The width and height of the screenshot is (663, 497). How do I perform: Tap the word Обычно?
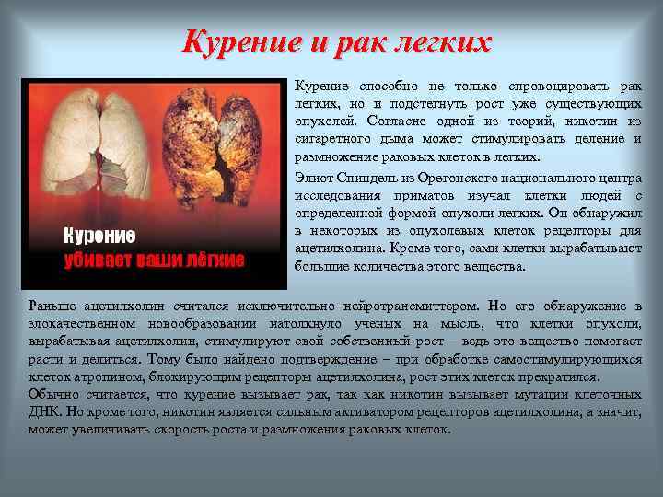point(53,394)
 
